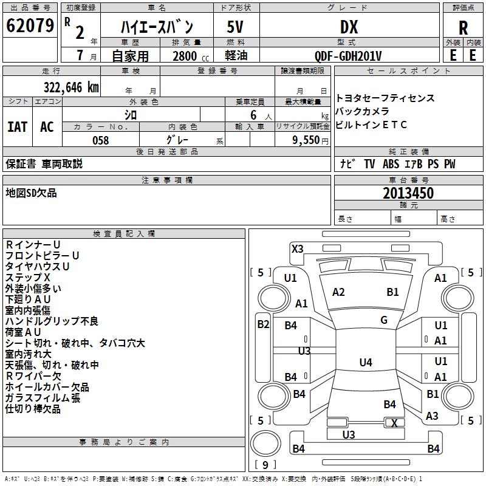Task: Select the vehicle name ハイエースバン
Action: pos(157,27)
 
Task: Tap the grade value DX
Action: pos(349,27)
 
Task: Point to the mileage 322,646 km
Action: pos(71,87)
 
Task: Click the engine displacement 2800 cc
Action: pos(185,56)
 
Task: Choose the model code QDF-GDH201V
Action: pos(348,56)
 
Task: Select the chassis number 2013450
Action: pos(408,193)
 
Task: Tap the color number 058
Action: pos(100,140)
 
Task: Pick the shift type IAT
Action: pos(17,127)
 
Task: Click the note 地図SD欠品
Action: pos(31,193)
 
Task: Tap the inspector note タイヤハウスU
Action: pos(38,267)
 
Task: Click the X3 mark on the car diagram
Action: pos(298,248)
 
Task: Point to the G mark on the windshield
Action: pos(384,320)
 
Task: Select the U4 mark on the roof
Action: pos(365,363)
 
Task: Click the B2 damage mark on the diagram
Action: pos(262,324)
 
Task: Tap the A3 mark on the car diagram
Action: pos(432,416)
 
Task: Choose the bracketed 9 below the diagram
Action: pos(265,465)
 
